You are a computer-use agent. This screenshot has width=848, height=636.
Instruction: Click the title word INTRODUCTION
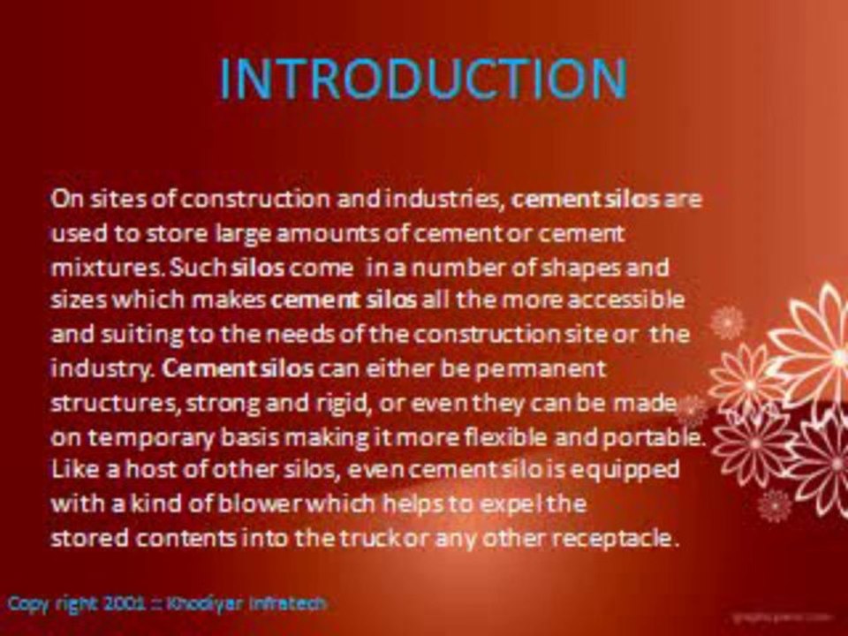coord(422,79)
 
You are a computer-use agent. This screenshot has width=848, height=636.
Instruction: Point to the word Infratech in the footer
coord(291,604)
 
